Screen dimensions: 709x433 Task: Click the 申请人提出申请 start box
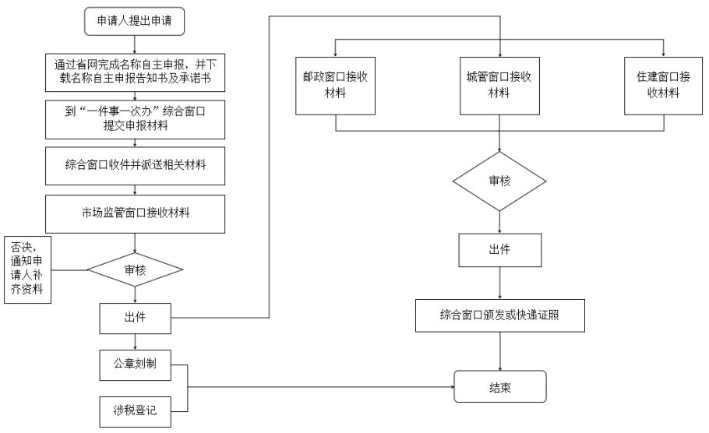(134, 21)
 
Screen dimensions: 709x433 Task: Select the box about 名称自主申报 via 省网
(135, 72)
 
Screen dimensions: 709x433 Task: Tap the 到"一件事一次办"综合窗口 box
(135, 119)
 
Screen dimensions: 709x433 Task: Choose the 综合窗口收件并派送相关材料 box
(135, 166)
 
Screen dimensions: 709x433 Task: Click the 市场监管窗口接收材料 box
(135, 214)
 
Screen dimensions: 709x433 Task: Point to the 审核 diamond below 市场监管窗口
(135, 269)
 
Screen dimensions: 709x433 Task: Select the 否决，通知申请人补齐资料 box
(27, 269)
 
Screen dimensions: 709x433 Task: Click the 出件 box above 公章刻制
(136, 319)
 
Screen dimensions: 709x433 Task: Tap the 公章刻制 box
(136, 364)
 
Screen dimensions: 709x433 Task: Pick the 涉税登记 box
(136, 412)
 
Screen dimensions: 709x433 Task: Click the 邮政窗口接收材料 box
(336, 86)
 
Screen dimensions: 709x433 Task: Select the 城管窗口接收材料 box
(499, 86)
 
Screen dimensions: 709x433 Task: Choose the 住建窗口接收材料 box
(664, 86)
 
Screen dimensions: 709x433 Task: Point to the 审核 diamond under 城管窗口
(499, 181)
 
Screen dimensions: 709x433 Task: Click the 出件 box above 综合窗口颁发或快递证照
(500, 250)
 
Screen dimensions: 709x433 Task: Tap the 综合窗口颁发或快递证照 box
(500, 315)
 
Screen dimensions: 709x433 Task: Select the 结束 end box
(500, 386)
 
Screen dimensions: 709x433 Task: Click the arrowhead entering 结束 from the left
(452, 387)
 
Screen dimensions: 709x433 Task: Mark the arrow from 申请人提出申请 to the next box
(135, 44)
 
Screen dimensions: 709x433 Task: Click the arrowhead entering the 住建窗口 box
(664, 55)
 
